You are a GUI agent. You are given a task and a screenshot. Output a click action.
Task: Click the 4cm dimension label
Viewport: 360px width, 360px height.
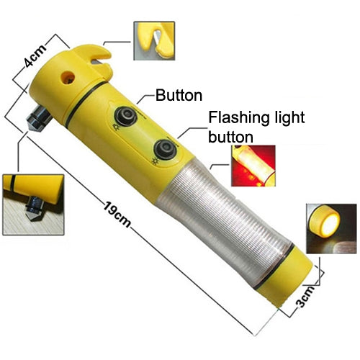point(35,55)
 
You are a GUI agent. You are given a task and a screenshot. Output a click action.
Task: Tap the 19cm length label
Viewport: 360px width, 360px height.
point(117,215)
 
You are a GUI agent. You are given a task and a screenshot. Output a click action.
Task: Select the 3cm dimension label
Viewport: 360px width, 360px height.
point(305,296)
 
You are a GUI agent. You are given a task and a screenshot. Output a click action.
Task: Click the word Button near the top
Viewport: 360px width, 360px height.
point(179,96)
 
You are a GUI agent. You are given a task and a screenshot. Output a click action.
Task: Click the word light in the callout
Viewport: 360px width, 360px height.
point(286,118)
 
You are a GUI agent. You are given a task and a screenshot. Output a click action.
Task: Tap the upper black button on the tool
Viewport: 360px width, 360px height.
point(126,116)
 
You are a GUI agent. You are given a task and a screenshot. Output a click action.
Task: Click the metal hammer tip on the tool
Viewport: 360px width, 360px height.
point(38,119)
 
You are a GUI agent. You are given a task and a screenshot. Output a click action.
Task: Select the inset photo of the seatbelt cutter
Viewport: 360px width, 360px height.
point(154,40)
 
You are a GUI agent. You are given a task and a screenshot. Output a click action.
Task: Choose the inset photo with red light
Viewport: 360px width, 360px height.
point(253,166)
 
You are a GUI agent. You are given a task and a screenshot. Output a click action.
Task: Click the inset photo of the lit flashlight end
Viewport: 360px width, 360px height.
point(331,229)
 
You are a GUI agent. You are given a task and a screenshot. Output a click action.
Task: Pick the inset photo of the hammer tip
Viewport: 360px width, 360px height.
point(33,204)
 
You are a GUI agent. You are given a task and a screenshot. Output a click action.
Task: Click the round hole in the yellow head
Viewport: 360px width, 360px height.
point(68,78)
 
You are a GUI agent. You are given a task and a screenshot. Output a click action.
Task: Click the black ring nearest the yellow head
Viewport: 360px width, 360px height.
point(84,103)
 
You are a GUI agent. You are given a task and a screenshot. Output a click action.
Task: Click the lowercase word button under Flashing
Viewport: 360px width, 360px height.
point(230,136)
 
